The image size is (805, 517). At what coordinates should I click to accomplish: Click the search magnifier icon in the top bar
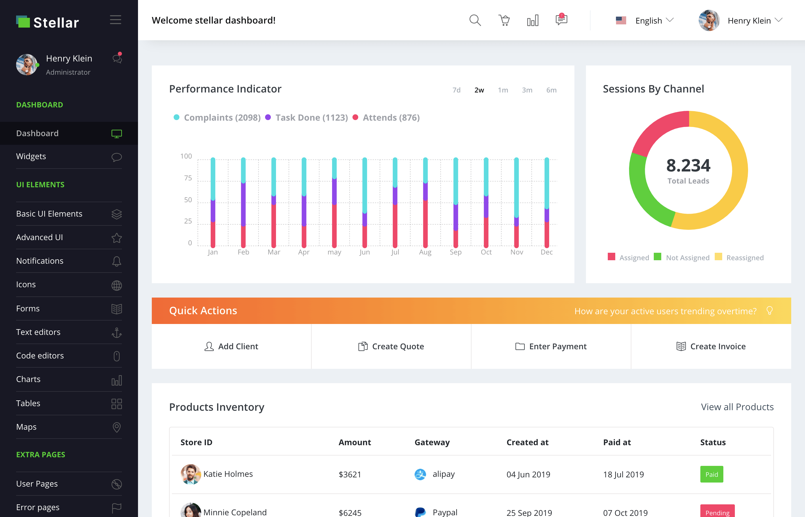tap(475, 20)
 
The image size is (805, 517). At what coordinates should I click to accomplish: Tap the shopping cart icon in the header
tap(504, 20)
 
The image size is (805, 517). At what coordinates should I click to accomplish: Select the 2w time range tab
tap(479, 90)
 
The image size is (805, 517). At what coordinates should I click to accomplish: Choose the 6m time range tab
tap(551, 90)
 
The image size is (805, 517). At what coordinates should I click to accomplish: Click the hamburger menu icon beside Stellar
tap(115, 20)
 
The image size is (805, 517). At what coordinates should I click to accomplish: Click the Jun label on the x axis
tap(365, 252)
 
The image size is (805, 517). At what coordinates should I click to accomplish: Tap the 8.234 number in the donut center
tap(688, 165)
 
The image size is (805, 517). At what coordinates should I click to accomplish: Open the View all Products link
tap(737, 407)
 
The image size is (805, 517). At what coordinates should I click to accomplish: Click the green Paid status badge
tap(711, 474)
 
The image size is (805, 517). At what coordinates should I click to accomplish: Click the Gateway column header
tap(432, 443)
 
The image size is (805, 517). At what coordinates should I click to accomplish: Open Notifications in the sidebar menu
tap(40, 261)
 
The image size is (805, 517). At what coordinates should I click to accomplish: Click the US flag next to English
tap(621, 21)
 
